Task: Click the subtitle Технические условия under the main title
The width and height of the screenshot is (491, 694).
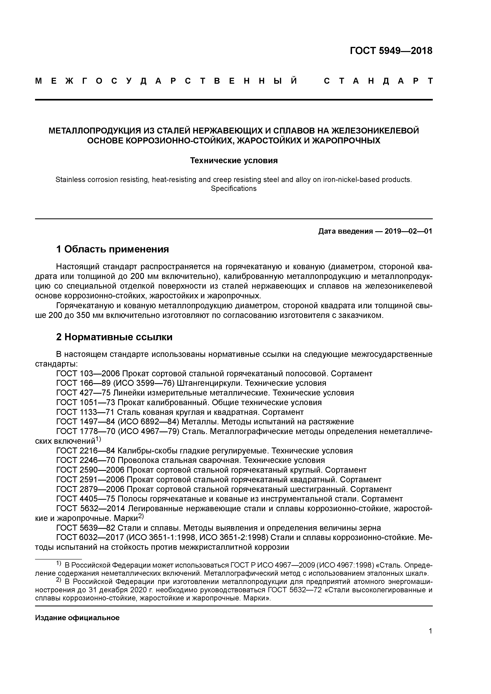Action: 234,160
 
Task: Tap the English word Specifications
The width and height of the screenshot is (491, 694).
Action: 234,189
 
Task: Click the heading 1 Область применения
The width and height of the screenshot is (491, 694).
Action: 112,249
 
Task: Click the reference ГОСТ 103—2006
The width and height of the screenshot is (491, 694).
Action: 88,374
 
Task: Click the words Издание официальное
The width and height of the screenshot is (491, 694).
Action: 77,618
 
